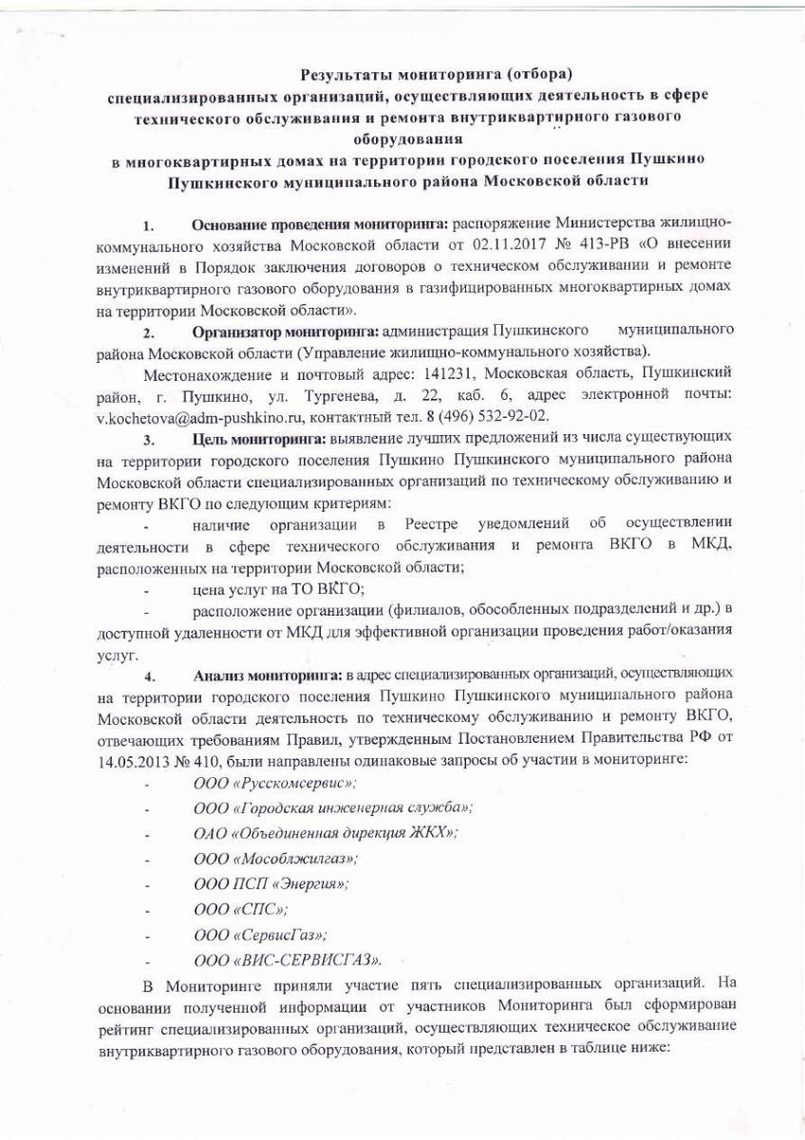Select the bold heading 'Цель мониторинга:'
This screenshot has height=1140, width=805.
click(259, 438)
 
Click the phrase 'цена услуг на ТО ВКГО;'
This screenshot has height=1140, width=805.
click(277, 590)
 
